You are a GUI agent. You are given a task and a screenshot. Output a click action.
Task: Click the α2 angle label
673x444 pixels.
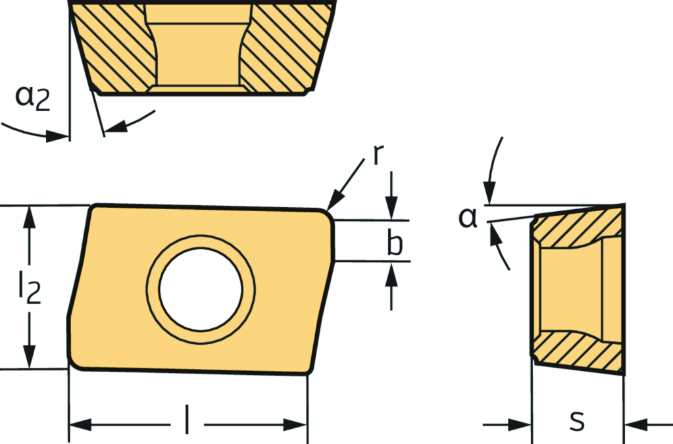(x=33, y=97)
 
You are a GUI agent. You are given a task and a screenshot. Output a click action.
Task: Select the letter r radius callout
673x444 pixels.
(x=378, y=155)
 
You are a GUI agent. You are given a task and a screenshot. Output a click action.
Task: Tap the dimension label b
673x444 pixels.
(x=395, y=242)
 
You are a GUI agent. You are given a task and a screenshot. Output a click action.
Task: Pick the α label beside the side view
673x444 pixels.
(x=468, y=217)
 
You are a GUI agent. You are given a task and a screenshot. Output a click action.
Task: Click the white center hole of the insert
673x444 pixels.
(x=201, y=289)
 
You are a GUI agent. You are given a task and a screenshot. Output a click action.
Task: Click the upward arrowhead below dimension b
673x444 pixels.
(x=391, y=273)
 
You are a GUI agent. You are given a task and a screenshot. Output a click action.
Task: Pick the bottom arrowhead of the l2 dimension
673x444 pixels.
(x=29, y=357)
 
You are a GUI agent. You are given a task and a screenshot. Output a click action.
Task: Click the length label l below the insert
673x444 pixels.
(x=187, y=418)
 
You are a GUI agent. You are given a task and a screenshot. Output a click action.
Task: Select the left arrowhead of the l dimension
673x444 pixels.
(x=81, y=425)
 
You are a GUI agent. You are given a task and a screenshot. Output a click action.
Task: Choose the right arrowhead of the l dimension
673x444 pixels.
(x=295, y=425)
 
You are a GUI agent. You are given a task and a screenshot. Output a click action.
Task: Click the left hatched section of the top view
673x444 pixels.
(x=116, y=47)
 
